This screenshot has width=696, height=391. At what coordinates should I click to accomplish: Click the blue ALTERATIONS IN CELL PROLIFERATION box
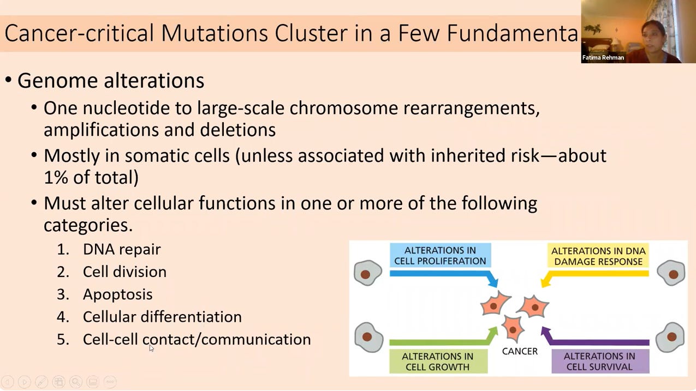440,255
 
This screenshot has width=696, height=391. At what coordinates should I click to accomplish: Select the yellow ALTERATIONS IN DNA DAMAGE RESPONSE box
598,256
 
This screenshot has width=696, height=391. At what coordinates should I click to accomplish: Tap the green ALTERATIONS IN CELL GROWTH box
438,361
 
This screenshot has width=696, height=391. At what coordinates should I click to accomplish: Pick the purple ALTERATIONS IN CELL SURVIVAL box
599,361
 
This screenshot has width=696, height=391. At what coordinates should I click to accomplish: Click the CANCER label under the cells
520,351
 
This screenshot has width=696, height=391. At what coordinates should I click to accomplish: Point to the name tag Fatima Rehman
603,57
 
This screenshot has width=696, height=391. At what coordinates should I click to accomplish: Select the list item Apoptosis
117,294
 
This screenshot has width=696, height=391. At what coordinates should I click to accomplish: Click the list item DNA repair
122,249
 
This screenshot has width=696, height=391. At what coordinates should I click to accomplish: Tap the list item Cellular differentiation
162,317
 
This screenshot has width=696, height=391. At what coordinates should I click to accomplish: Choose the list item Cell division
124,272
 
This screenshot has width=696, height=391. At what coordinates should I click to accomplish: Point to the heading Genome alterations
111,81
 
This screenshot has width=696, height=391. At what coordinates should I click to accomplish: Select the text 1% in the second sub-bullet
56,177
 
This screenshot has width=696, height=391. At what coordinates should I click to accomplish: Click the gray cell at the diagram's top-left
368,273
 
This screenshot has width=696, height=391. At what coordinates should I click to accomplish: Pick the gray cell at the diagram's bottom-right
670,336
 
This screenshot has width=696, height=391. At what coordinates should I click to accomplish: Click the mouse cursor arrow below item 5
151,347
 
